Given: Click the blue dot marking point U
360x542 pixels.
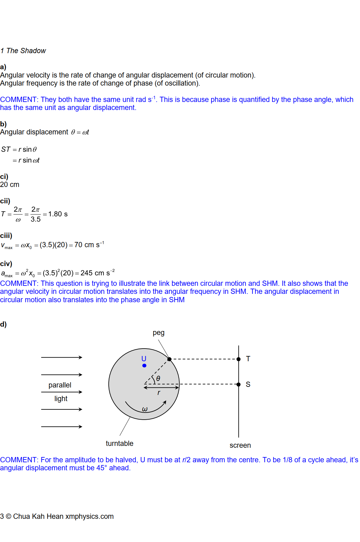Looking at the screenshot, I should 144,366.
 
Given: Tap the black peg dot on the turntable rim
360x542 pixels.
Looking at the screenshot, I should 169,359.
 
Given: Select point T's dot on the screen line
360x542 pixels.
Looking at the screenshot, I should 239,359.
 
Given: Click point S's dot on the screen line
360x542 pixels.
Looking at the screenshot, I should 239,384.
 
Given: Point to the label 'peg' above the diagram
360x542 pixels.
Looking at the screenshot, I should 158,333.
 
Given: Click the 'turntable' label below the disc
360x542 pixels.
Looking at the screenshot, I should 119,443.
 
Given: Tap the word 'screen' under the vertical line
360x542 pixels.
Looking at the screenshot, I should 240,445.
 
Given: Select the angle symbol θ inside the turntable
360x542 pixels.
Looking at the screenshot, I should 158,379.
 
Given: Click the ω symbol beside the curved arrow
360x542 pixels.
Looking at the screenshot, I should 145,409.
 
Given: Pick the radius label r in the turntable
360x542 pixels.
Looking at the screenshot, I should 159,393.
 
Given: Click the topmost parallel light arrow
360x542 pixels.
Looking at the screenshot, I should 61,358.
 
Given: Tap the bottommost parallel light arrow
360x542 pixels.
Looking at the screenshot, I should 61,427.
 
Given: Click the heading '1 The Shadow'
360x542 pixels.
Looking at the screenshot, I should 23,51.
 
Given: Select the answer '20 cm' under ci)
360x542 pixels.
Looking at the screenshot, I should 10,184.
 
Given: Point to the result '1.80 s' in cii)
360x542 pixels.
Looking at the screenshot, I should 58,214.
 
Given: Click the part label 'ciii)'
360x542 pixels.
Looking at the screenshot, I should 6,236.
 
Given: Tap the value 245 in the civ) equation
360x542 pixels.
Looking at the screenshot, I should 86,273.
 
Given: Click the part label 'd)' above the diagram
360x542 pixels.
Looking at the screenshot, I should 3,324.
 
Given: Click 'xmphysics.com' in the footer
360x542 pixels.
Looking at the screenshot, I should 90,516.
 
